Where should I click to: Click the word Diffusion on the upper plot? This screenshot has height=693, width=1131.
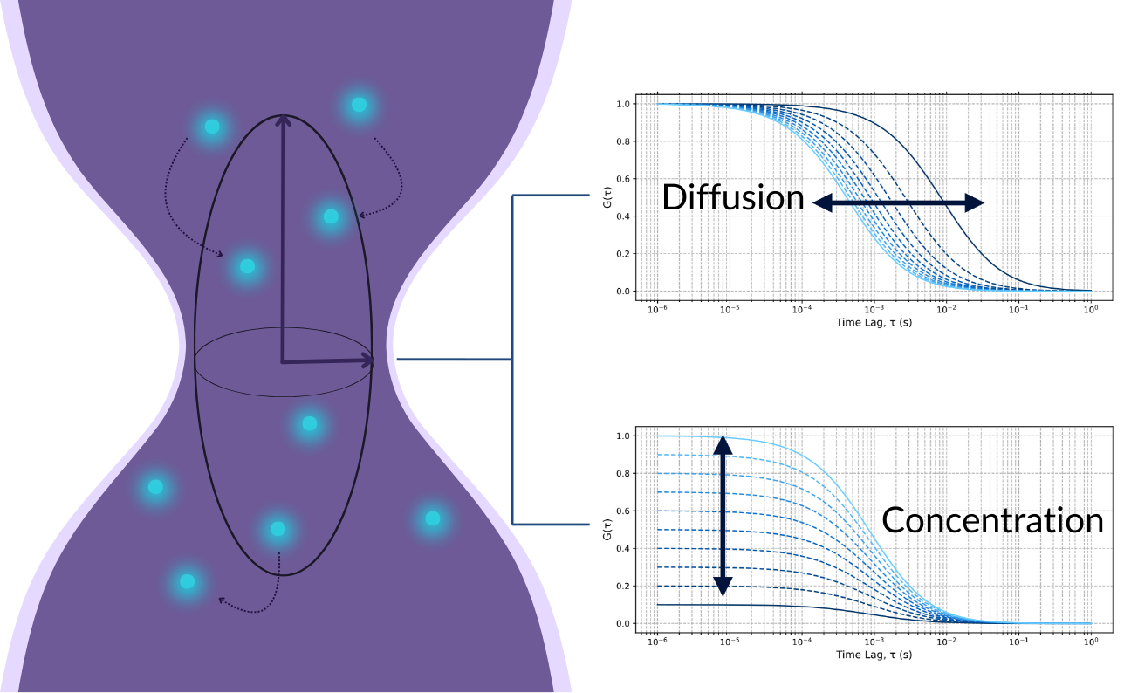pos(732,197)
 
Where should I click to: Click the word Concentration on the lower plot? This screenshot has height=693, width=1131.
pos(992,520)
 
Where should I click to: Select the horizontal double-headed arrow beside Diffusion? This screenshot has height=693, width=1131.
pos(898,202)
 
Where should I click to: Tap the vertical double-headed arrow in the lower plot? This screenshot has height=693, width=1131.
pos(722,516)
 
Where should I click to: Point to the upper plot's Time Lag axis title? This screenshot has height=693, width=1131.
pos(874,322)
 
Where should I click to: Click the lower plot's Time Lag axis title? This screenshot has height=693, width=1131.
pos(874,655)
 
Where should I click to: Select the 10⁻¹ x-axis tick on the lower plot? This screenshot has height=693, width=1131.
pos(1018,641)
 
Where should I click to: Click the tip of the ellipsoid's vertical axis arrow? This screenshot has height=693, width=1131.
pos(282,118)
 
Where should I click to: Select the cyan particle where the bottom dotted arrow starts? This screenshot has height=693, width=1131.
pos(278,529)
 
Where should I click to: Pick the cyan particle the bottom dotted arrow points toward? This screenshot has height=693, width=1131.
pos(187,581)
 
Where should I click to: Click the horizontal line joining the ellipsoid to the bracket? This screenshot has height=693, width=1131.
pos(454,359)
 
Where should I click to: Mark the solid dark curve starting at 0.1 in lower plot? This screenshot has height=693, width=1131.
pos(785,605)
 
